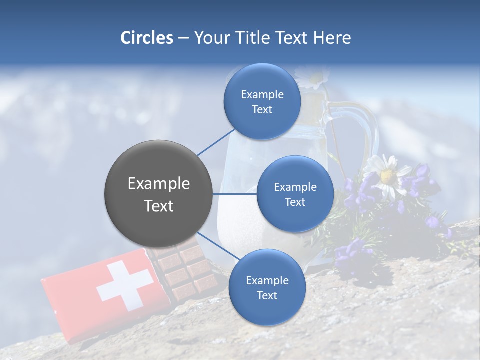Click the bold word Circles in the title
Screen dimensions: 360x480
(146, 38)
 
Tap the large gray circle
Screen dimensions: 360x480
(158, 194)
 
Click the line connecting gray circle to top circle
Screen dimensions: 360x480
(216, 142)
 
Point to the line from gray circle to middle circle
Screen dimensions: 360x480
(235, 194)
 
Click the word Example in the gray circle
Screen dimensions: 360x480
(158, 184)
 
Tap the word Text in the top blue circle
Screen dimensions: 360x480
(262, 110)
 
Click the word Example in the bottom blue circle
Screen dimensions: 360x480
(267, 281)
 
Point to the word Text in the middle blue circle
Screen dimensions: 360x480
(295, 202)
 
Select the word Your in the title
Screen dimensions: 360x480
(212, 38)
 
